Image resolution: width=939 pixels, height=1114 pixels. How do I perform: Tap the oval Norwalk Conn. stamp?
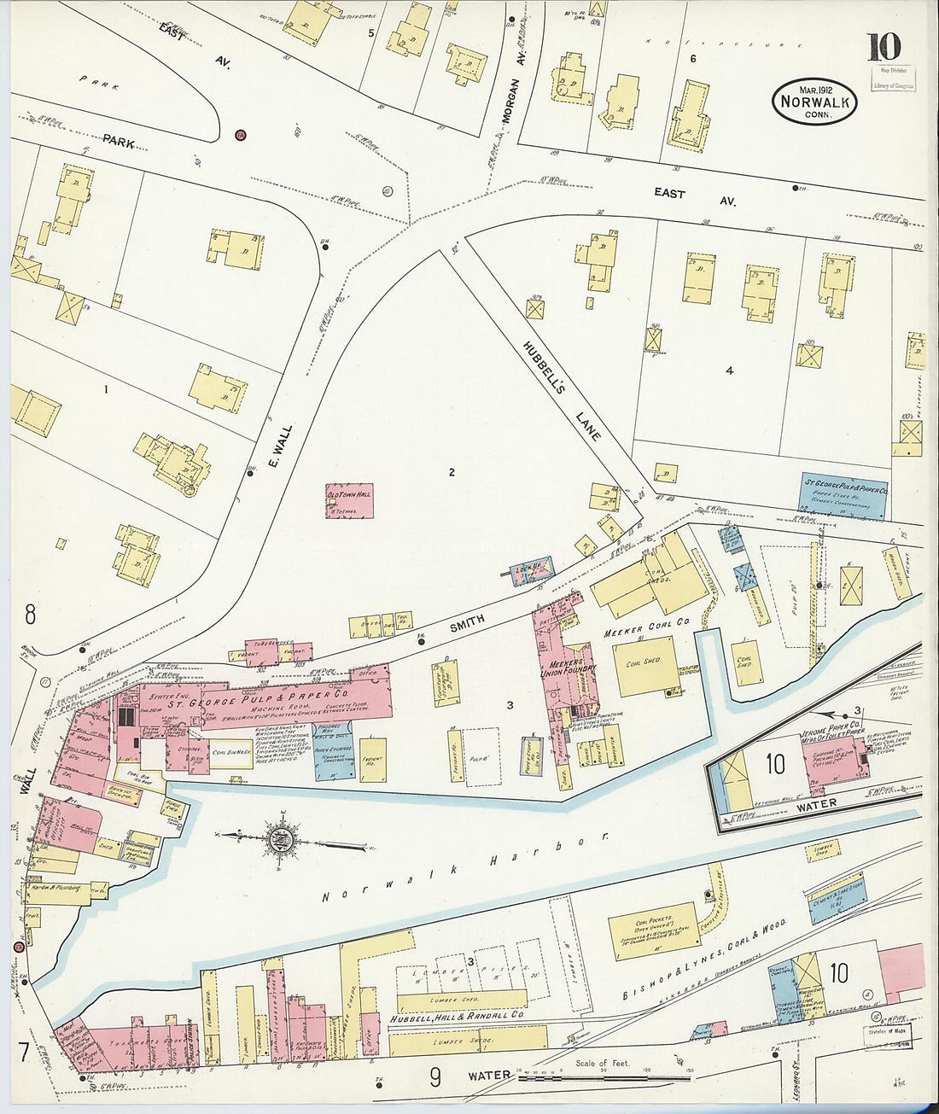pos(814,102)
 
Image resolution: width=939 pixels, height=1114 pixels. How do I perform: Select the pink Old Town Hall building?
pos(349,501)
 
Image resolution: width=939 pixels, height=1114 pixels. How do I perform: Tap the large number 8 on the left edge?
pos(30,614)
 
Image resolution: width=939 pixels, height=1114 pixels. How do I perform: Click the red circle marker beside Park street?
pos(241,134)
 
